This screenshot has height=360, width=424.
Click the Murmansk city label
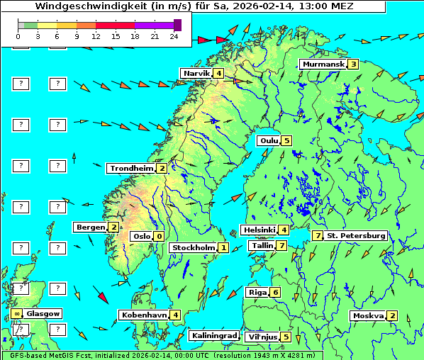click(323, 64)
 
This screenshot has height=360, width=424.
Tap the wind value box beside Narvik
click(218, 73)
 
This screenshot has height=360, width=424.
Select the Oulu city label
click(268, 140)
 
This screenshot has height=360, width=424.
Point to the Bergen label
click(90, 227)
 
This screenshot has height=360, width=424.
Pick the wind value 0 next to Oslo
click(159, 236)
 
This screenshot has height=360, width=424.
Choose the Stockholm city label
click(193, 247)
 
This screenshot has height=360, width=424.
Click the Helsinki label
click(259, 230)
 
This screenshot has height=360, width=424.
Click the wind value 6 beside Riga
click(275, 292)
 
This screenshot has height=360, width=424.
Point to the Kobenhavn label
click(144, 315)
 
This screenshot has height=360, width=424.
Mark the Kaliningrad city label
click(213, 336)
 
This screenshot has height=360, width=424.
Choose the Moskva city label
click(368, 315)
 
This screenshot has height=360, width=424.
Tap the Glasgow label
click(43, 313)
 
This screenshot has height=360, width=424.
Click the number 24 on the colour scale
click(174, 36)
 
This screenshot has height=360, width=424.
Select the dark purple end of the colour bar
click(177, 25)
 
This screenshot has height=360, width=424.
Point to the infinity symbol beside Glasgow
click(16, 313)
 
